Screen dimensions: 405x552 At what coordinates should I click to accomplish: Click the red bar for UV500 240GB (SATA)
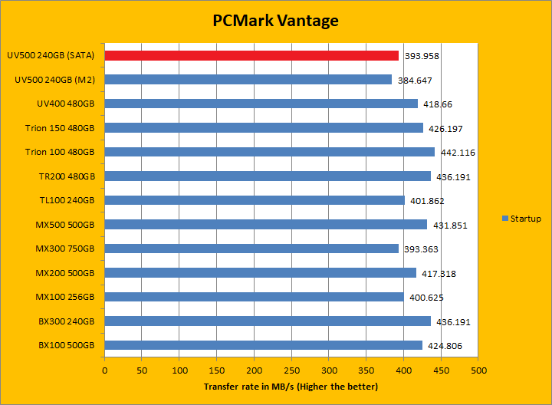[x=251, y=55]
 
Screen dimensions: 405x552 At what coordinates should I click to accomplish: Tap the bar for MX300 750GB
[x=251, y=249]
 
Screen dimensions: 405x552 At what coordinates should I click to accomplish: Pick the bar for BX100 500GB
[x=263, y=345]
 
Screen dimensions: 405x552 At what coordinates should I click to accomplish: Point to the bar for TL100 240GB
[x=255, y=200]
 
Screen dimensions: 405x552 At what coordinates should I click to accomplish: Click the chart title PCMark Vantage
[x=275, y=21]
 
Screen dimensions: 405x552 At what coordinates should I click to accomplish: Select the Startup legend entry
[x=521, y=219]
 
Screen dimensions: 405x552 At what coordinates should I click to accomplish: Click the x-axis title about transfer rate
[x=291, y=387]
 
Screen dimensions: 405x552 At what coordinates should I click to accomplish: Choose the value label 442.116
[x=458, y=153]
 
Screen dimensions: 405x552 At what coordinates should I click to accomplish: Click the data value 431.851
[x=450, y=225]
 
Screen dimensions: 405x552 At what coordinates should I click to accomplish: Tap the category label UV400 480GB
[x=65, y=104]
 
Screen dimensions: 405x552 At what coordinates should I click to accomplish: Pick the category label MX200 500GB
[x=64, y=273]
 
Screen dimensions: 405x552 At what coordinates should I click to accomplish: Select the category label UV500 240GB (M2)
[x=55, y=80]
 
